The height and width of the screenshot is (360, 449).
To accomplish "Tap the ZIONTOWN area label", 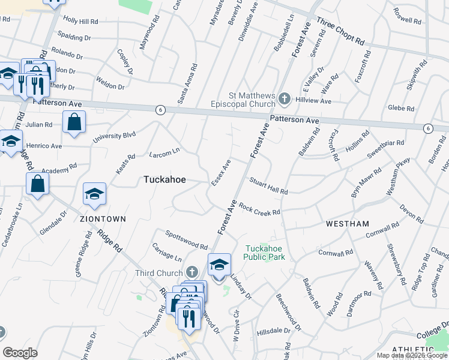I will pyautogui.click(x=103, y=219).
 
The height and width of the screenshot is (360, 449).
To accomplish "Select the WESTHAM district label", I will pyautogui.click(x=348, y=224).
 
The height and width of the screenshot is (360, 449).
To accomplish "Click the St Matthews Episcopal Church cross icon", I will pyautogui.click(x=285, y=98).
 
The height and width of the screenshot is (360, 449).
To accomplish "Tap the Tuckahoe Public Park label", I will pyautogui.click(x=264, y=253).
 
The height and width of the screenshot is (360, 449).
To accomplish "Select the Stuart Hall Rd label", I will pyautogui.click(x=268, y=185).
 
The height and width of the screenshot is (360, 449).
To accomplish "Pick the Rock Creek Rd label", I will pyautogui.click(x=259, y=209).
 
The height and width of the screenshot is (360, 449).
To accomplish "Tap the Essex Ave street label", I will pyautogui.click(x=221, y=172).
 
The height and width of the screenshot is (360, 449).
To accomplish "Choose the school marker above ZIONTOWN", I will pyautogui.click(x=94, y=194).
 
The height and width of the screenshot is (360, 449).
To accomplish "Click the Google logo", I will pyautogui.click(x=20, y=353).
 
